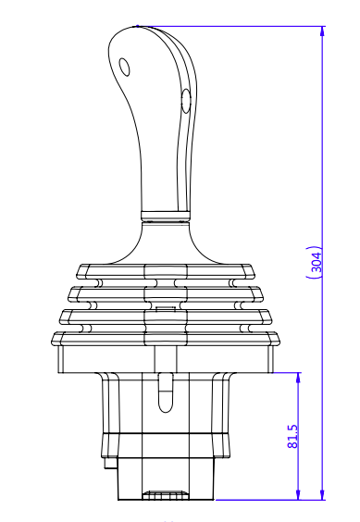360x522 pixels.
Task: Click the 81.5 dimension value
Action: click(x=293, y=437)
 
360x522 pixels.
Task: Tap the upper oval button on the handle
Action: click(x=125, y=67)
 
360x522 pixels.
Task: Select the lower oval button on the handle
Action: click(x=186, y=101)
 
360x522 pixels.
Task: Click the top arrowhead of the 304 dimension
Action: click(x=322, y=31)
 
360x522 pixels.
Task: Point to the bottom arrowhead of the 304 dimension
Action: click(x=322, y=494)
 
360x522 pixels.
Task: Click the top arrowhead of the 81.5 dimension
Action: click(x=298, y=379)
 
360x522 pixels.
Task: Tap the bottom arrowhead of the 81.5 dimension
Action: click(x=298, y=494)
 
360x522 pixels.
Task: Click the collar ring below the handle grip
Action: click(x=165, y=217)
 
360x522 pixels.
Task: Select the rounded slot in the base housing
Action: click(x=165, y=392)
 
